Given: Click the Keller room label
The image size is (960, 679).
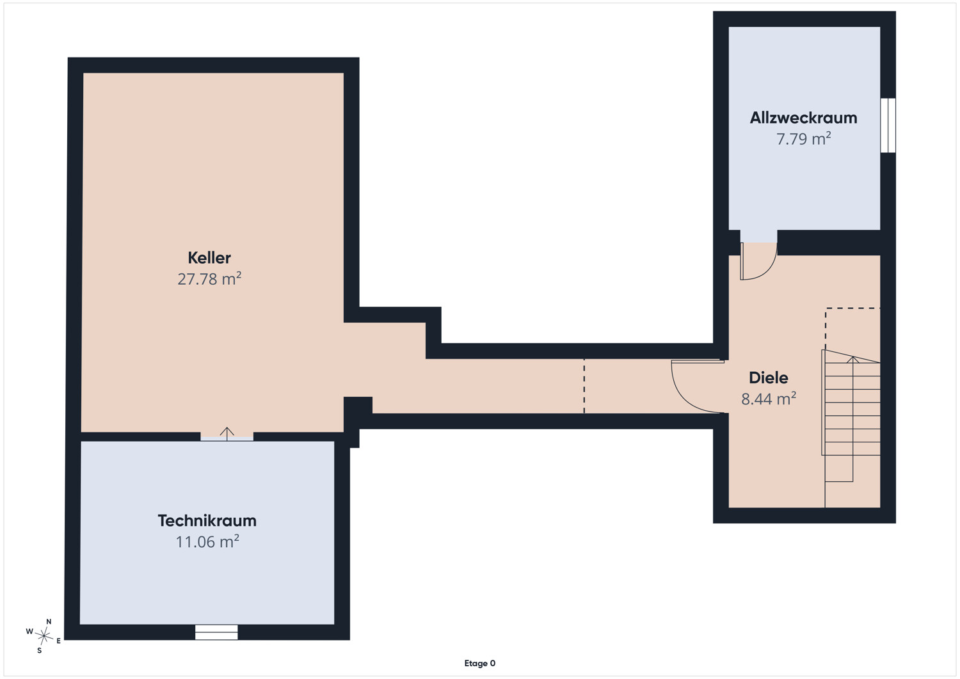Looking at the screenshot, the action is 209,258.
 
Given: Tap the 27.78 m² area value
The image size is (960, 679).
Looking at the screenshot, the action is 209,279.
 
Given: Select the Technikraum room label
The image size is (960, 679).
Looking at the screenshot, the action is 207,520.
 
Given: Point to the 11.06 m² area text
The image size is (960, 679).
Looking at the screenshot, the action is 207,542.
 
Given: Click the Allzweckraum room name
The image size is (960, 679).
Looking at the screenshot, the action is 804,118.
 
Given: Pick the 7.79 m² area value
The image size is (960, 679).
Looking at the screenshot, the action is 804,139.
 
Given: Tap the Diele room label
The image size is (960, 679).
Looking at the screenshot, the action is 769,378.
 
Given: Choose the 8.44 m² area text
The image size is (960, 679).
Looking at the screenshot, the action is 769,399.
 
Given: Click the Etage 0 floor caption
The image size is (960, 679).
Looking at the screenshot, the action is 479,663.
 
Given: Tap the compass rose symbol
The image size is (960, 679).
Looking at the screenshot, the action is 44,636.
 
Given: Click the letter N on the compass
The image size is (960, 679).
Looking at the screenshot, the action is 49,621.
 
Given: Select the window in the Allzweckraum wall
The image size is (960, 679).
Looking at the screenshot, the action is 888,125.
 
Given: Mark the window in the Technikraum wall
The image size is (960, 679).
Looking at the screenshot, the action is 216,632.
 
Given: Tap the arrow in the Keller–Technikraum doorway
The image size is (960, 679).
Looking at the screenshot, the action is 227,434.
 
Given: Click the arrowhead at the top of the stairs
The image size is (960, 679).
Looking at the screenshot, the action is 853,359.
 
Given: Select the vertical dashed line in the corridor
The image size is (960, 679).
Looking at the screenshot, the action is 584,386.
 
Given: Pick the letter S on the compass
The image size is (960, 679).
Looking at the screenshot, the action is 40,650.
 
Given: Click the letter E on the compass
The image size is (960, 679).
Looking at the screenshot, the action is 59,641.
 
